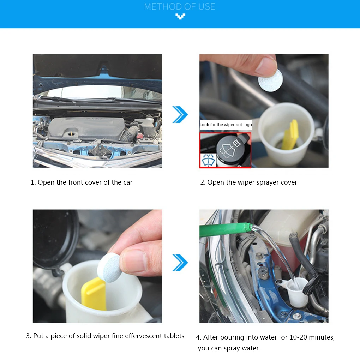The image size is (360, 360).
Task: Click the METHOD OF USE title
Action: (x=180, y=7)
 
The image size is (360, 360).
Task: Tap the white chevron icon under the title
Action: (x=180, y=16)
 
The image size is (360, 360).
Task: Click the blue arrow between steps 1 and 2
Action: (x=180, y=114)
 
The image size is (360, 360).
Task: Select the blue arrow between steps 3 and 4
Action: (x=180, y=263)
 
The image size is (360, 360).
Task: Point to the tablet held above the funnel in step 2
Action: (x=270, y=80)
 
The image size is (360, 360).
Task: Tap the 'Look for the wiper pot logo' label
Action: (x=226, y=125)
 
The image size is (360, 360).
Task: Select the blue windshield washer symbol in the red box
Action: (x=208, y=160)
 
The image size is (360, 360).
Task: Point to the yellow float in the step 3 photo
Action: (x=94, y=294)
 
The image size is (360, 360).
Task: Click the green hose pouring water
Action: (x=226, y=230)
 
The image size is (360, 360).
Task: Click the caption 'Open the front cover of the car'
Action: (x=85, y=182)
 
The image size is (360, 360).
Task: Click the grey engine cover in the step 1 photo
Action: (x=87, y=128)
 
